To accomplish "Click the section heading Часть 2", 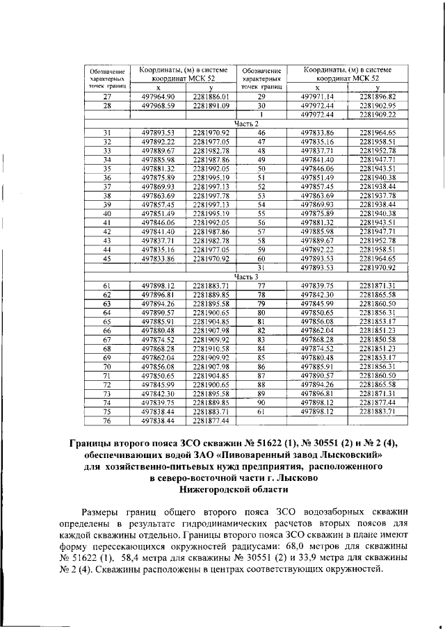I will (x=246, y=123).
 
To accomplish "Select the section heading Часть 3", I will (x=246, y=276).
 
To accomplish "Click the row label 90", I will (x=261, y=402).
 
